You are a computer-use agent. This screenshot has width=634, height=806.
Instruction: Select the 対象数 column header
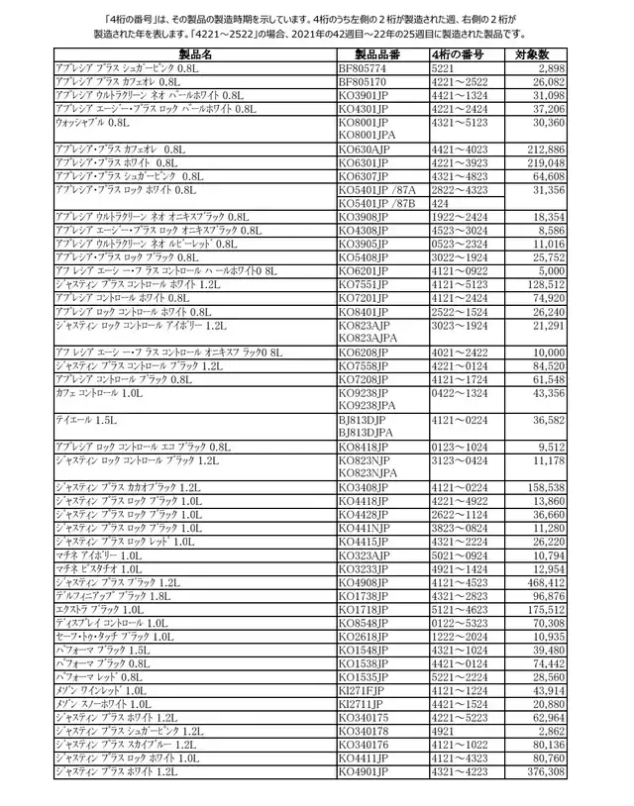[539, 53]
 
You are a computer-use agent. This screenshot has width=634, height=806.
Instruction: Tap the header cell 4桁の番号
[466, 53]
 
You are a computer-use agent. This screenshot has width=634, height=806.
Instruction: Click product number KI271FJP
[364, 689]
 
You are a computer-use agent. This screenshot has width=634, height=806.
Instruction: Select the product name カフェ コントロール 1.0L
[98, 392]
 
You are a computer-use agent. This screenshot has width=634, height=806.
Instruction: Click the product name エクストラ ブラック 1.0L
[99, 610]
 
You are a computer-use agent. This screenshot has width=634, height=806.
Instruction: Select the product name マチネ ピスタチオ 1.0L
[99, 569]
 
